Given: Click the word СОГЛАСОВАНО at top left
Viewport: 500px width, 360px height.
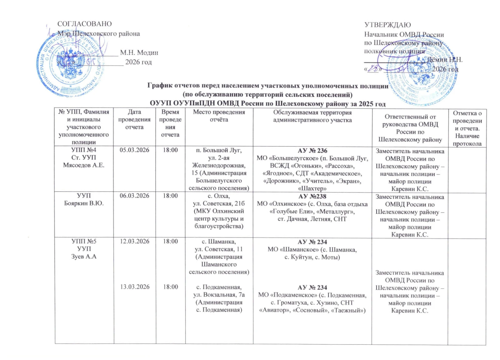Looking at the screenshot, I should coord(84,24).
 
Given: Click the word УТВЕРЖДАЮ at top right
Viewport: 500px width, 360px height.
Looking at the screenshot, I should coord(387,25).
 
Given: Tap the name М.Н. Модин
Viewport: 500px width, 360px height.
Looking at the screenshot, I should coord(139,53).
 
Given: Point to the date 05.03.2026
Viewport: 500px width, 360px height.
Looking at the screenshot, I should coord(134,150).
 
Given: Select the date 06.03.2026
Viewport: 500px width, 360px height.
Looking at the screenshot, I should coord(134,196).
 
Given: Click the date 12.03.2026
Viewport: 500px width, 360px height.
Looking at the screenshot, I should coord(135,241).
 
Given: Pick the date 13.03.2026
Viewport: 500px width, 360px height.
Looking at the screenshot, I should coord(135,287).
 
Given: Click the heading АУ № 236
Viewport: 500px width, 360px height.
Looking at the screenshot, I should coord(312,151).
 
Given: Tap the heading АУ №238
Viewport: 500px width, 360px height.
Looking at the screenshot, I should coord(312,196).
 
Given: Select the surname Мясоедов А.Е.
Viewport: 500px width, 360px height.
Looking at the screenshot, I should coord(83,165).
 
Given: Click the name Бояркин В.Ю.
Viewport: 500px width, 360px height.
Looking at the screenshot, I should coord(84,203).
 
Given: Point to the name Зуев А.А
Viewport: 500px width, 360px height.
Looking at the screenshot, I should coord(84,257).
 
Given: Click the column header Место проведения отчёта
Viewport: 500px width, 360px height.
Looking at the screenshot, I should coord(219,116).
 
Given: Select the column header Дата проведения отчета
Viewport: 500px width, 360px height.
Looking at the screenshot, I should coord(134,119).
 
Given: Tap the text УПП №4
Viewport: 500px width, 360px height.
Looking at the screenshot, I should coord(84,150).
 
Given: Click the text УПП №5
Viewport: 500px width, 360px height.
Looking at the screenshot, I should coord(84,241).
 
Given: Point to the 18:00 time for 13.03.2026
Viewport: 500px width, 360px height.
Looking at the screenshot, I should coord(170,287).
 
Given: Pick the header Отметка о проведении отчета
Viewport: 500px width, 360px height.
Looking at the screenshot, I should coord(467,128).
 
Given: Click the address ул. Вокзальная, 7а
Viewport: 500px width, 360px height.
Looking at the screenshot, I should coord(219,295).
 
